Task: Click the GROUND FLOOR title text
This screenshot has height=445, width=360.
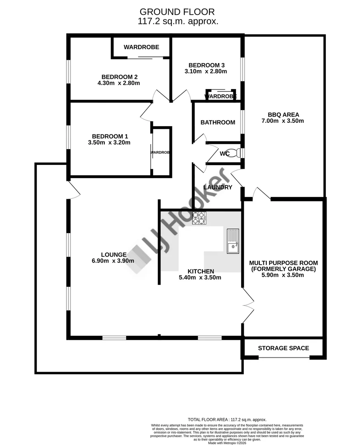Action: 178,12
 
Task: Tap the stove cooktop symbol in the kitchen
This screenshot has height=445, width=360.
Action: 199,218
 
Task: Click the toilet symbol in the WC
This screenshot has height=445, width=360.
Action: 236,153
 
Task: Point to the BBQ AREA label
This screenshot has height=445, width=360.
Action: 283,115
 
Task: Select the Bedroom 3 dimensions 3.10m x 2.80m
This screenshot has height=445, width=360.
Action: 206,71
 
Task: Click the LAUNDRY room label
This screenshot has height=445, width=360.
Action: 218,187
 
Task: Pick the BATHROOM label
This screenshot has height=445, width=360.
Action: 218,122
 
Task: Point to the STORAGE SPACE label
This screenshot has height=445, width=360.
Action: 283,348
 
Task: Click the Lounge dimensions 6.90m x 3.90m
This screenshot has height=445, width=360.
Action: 113,261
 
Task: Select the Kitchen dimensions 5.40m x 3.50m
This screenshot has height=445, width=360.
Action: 200,277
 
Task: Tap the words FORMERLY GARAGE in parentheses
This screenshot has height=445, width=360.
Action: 283,269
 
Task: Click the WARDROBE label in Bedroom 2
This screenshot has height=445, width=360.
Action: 141,47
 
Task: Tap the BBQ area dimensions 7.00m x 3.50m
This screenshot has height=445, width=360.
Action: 283,121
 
